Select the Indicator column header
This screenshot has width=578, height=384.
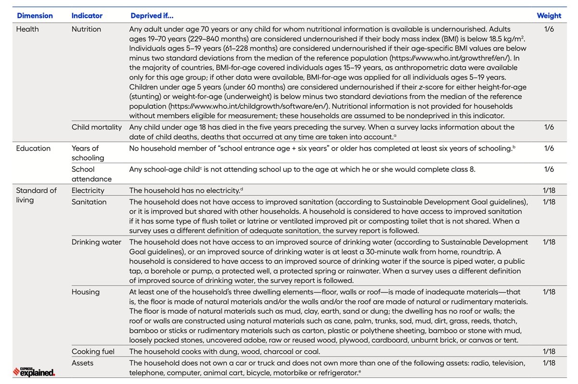coord(87,16)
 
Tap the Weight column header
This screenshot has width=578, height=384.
coord(549,16)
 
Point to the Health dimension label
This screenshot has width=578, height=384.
coord(27,29)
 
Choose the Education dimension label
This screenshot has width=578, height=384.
coord(33,148)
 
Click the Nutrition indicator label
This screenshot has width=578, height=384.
coord(86,29)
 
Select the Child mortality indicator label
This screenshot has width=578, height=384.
coord(97,128)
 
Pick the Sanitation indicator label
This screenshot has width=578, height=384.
coord(89,202)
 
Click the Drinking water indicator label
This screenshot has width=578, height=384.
coord(96,242)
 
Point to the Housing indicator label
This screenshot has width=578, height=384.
coord(86,292)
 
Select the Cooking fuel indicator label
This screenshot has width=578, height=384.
coord(93,352)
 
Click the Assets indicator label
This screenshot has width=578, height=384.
coord(83,363)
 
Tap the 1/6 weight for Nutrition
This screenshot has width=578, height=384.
coord(549,29)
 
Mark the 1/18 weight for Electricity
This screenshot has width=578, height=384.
coord(549,191)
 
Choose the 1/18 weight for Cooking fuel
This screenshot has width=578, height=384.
coord(549,352)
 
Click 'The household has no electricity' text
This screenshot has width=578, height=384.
coord(184,191)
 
